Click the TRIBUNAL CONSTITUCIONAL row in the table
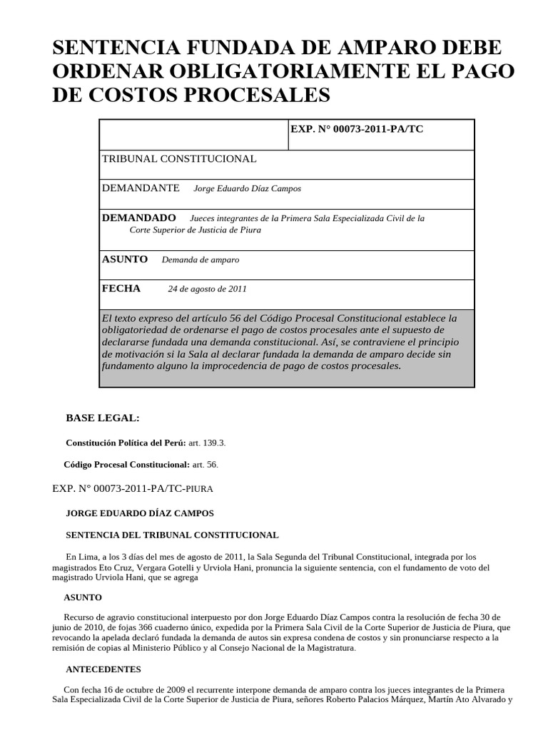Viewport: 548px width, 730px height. tap(179, 158)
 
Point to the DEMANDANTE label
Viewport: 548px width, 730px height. tap(141, 188)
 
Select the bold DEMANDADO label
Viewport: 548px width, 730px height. tap(139, 217)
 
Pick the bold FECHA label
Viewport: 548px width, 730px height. tap(121, 288)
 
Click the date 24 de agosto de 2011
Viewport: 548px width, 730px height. tap(208, 289)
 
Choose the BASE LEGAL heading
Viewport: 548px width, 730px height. tap(103, 418)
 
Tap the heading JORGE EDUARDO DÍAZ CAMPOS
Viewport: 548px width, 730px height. tap(140, 513)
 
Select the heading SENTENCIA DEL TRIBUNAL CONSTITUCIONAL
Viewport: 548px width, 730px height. tap(172, 535)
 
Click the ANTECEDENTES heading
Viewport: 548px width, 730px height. tap(103, 669)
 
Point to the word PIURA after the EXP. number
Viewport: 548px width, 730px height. tap(198, 490)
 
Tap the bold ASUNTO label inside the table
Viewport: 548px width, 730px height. tap(125, 259)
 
